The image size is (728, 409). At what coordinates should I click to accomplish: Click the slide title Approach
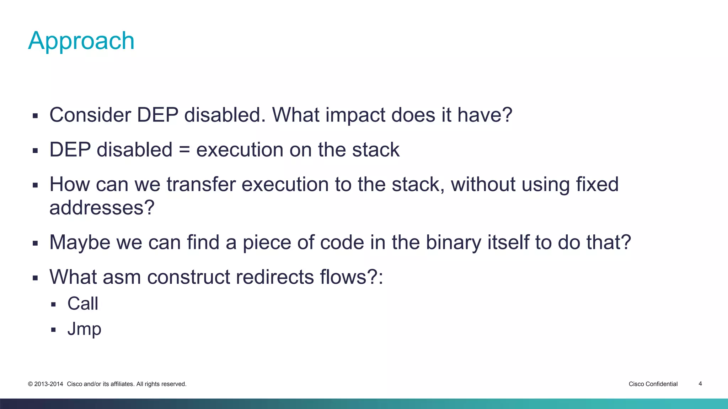tap(81, 41)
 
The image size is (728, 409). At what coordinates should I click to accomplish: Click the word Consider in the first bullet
tap(90, 115)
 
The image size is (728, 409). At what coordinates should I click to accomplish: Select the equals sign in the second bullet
tap(184, 150)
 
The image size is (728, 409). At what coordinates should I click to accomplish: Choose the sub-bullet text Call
tap(82, 304)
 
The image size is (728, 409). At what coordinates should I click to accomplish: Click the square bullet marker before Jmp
tap(53, 330)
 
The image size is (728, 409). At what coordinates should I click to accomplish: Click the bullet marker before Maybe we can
tap(35, 244)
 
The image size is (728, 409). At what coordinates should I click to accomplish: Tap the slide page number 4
tap(700, 384)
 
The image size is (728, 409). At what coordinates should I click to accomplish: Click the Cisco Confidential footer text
tap(653, 384)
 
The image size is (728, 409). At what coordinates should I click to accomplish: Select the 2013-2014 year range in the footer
tap(48, 384)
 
